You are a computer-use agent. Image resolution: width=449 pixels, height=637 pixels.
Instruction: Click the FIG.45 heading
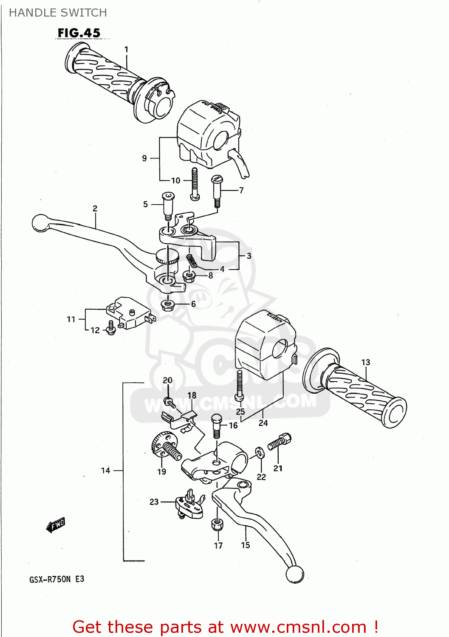(x=79, y=33)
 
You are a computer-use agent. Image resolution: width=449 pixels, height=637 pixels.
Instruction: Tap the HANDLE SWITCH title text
(x=58, y=13)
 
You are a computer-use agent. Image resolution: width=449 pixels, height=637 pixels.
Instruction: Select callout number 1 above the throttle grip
(x=126, y=49)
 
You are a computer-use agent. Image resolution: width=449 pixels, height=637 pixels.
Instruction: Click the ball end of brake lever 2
(x=40, y=223)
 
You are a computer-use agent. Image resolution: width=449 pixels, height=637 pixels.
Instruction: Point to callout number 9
(x=144, y=158)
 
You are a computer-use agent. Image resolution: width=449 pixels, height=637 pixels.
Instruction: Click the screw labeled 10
(x=195, y=183)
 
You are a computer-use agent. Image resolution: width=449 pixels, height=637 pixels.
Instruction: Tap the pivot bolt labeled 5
(x=168, y=206)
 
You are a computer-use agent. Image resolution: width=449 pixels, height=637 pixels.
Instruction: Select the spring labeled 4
(x=192, y=261)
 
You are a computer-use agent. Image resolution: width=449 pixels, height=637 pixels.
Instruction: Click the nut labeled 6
(x=168, y=304)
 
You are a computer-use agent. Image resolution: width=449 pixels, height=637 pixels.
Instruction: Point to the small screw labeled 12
(x=111, y=328)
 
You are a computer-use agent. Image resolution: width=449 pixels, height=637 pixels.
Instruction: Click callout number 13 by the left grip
(x=366, y=362)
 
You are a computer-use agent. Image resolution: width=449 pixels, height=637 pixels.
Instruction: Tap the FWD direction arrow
(x=56, y=525)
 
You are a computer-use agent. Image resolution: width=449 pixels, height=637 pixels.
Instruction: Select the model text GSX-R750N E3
(x=57, y=579)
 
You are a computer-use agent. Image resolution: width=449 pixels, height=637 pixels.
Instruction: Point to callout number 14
(x=105, y=470)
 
